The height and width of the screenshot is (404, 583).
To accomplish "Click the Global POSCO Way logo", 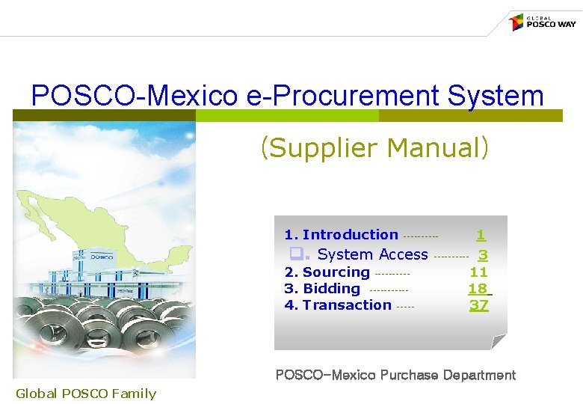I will pos(543,22).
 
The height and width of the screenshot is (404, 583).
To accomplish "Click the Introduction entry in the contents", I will pos(350,235).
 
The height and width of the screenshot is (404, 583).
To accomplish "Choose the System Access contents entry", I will pos(372,254).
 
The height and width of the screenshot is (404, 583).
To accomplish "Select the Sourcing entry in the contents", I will pos(336,272).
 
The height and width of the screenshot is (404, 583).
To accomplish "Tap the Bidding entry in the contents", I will pos(331,289).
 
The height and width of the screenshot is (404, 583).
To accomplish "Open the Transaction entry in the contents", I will pos(347,305).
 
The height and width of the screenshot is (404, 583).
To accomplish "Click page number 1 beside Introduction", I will pos(481,235).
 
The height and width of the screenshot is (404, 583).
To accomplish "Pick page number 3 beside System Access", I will pos(483,255).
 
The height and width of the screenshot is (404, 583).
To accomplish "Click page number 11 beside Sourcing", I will pos(478,272).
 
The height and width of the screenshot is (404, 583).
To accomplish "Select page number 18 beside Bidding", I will pos(478,289).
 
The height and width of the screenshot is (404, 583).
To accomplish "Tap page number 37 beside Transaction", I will pos(478,305).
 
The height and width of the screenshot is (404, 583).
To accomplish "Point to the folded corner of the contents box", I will pos(498,342).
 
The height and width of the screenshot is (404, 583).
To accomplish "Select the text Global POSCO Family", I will pos(86,394).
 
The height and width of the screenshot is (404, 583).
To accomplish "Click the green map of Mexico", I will pos(67,217).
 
